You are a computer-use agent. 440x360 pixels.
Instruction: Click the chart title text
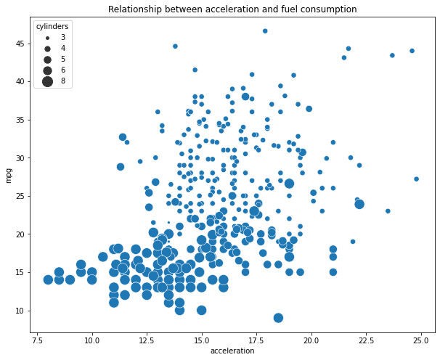[x=232, y=9]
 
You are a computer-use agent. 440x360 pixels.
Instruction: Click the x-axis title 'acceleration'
[x=232, y=351]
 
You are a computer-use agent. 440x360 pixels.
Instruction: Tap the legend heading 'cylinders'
[x=52, y=26]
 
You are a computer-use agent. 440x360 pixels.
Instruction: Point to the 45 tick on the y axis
[x=20, y=43]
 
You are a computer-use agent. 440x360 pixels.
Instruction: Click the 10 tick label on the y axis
[x=20, y=311]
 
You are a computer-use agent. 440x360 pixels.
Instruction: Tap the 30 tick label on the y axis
[x=20, y=157]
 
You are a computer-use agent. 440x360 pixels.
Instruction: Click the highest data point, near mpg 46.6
[x=265, y=31]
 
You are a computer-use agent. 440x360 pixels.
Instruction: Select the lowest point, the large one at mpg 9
[x=278, y=318]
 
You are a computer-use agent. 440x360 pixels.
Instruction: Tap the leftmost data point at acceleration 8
[x=48, y=279]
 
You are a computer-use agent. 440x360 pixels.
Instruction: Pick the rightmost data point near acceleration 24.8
[x=416, y=179]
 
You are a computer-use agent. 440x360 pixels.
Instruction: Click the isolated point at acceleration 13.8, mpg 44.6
[x=175, y=46]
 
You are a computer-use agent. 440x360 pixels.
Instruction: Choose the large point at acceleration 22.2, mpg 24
[x=359, y=204]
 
